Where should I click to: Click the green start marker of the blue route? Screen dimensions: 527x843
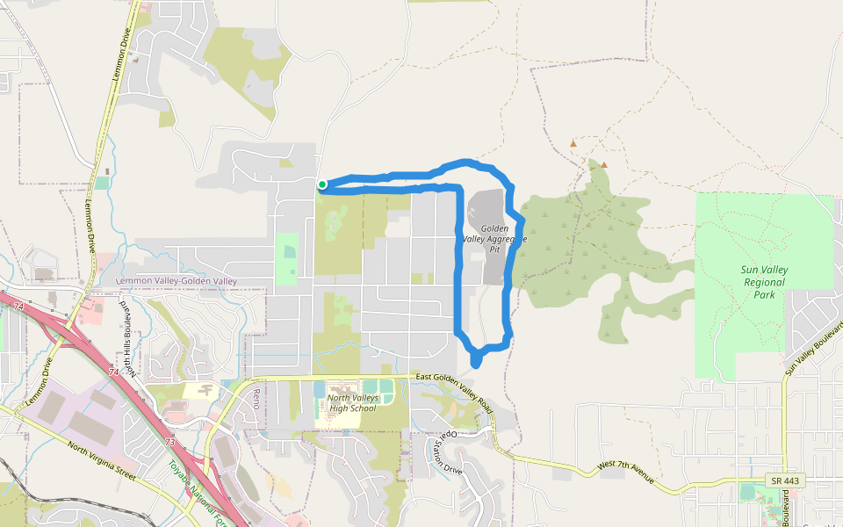point(322,184)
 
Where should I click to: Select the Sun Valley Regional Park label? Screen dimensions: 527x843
point(764,283)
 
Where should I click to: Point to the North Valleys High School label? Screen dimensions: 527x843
point(351,403)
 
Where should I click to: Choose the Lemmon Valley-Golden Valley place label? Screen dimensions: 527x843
point(177,280)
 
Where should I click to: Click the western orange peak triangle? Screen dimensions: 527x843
point(573,142)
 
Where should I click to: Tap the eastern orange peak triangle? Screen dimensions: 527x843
point(604,163)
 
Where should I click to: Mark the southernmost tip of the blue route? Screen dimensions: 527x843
point(476,363)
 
